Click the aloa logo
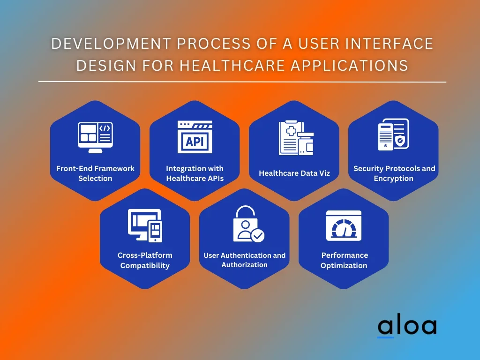[x=407, y=327]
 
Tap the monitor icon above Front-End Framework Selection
[x=95, y=137]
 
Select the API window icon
[x=195, y=137]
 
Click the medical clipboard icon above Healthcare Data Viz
[x=296, y=138]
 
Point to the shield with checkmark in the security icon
[x=400, y=141]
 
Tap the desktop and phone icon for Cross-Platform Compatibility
[x=145, y=225]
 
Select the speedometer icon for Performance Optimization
[x=344, y=225]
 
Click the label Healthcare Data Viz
[x=294, y=173]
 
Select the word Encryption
[x=393, y=178]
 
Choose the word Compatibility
[x=145, y=265]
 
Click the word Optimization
[x=344, y=265]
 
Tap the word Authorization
[x=244, y=265]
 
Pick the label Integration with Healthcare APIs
[x=195, y=173]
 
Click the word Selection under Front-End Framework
[x=95, y=178]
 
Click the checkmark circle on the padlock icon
[x=258, y=236]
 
